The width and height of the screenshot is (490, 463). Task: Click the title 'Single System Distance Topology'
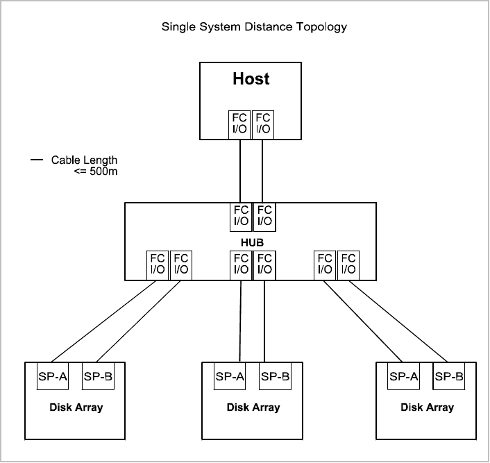[254, 28]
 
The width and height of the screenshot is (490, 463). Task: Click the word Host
[251, 78]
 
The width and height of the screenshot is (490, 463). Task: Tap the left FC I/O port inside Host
[240, 124]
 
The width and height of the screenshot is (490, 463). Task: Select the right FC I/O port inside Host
[263, 124]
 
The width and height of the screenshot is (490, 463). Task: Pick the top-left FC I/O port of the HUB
[241, 216]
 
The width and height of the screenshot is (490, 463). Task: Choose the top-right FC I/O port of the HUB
[264, 216]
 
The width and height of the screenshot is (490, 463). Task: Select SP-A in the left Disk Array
[52, 377]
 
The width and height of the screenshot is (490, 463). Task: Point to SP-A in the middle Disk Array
[230, 377]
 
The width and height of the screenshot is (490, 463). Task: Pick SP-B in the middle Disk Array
[275, 377]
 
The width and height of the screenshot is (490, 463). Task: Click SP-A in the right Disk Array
[403, 377]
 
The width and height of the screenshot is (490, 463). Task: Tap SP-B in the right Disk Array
[448, 377]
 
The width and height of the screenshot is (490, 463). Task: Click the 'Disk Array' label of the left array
[76, 407]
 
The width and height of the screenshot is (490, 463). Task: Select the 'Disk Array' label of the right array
[427, 407]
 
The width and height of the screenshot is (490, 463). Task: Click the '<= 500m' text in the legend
[95, 171]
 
